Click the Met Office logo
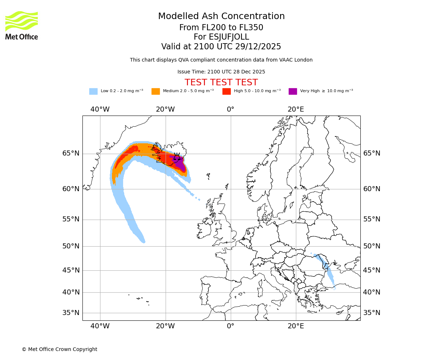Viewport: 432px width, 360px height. point(22,25)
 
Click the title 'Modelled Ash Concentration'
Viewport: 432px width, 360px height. point(221,17)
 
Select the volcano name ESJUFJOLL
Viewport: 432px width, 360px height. point(221,37)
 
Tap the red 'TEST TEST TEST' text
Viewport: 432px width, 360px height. point(221,82)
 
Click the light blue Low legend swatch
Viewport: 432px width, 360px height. point(93,91)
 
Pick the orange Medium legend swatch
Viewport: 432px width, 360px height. point(156,91)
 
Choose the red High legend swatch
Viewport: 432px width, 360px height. point(226,91)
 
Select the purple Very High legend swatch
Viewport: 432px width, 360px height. point(293,91)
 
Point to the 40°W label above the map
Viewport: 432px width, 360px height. point(100,109)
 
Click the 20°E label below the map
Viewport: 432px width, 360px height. point(296,327)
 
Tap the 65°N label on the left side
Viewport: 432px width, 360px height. point(71,153)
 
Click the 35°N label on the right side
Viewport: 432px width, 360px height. point(372,313)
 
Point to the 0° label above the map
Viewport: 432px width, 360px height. point(230,109)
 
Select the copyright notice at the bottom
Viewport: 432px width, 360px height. point(59,349)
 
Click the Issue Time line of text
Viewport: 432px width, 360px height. point(221,72)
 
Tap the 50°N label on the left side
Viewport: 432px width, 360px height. point(71,246)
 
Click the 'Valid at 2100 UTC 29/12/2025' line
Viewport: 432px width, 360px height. point(221,47)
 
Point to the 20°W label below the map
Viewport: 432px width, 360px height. point(165,327)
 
